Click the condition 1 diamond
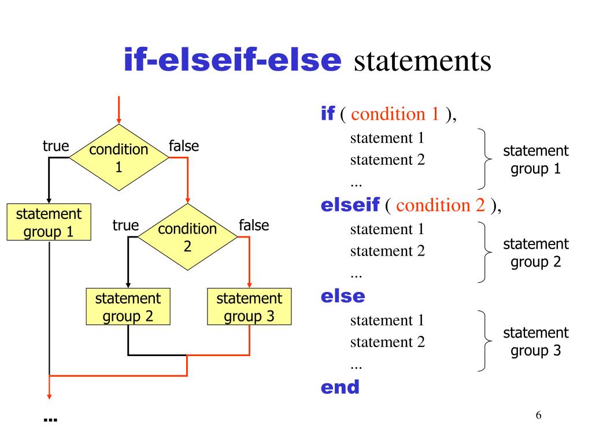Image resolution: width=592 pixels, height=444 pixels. [x=119, y=158]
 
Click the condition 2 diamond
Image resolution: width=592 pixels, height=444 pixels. [x=187, y=237]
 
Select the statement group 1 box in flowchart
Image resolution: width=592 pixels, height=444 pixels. [x=49, y=223]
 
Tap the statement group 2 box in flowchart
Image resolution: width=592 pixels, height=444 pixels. [x=128, y=307]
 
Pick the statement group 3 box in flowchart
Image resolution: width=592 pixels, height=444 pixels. [x=249, y=307]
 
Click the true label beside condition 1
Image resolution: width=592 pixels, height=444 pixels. [x=55, y=146]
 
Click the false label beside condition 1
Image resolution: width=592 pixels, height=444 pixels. [x=183, y=146]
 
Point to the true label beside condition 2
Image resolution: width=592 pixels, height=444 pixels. [x=125, y=225]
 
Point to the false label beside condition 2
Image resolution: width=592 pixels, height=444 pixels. [x=254, y=225]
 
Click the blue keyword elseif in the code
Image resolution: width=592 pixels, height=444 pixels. [x=350, y=205]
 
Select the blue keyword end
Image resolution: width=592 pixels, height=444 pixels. [x=340, y=387]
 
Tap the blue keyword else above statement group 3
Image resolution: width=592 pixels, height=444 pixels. [x=343, y=296]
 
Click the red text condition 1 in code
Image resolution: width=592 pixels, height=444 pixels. [x=395, y=114]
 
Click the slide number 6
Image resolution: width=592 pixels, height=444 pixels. [x=539, y=416]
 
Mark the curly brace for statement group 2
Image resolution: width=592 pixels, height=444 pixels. [x=482, y=252]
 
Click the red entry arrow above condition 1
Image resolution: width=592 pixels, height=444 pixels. [x=119, y=110]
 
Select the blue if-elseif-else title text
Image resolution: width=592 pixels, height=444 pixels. [x=232, y=61]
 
